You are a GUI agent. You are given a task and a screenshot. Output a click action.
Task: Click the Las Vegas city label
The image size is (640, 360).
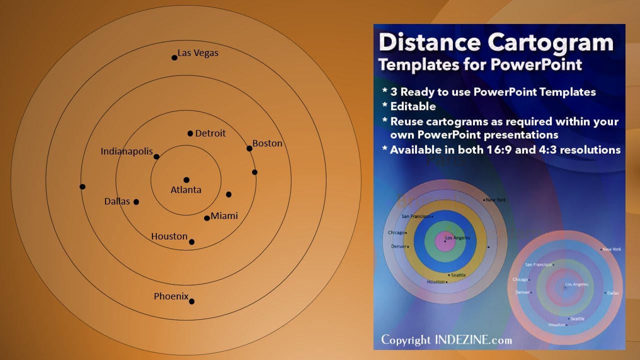tap(198, 53)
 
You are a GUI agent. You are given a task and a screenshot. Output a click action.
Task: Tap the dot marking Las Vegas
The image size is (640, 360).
tap(174, 57)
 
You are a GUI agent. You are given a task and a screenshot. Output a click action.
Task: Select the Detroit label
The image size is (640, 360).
tap(210, 133)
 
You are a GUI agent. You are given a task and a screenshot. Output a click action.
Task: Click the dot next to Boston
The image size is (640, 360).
tap(249, 148)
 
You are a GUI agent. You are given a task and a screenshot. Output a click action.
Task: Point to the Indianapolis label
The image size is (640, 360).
tap(126, 151)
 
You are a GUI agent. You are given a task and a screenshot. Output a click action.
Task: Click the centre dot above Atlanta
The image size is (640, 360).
tap(186, 180)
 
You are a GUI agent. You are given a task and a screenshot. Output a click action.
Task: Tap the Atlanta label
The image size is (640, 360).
tap(186, 190)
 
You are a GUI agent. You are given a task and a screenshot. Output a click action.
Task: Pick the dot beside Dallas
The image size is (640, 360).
tap(136, 202)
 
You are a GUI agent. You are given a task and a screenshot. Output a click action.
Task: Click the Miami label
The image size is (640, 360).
tap(224, 216)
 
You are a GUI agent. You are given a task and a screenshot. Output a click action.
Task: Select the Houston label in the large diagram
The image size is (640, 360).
tap(169, 236)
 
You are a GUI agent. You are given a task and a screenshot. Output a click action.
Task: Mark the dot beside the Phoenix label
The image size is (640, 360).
tap(191, 301)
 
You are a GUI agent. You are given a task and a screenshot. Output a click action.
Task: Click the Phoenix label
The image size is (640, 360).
tap(171, 296)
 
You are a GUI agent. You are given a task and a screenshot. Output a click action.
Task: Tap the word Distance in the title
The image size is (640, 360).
tap(430, 43)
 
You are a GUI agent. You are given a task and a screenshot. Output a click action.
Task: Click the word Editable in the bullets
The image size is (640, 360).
tap(413, 106)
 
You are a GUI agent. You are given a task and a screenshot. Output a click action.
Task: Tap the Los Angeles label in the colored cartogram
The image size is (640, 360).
tap(457, 238)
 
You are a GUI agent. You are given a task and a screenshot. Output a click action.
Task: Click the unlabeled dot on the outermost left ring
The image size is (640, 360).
tap(82, 186)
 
